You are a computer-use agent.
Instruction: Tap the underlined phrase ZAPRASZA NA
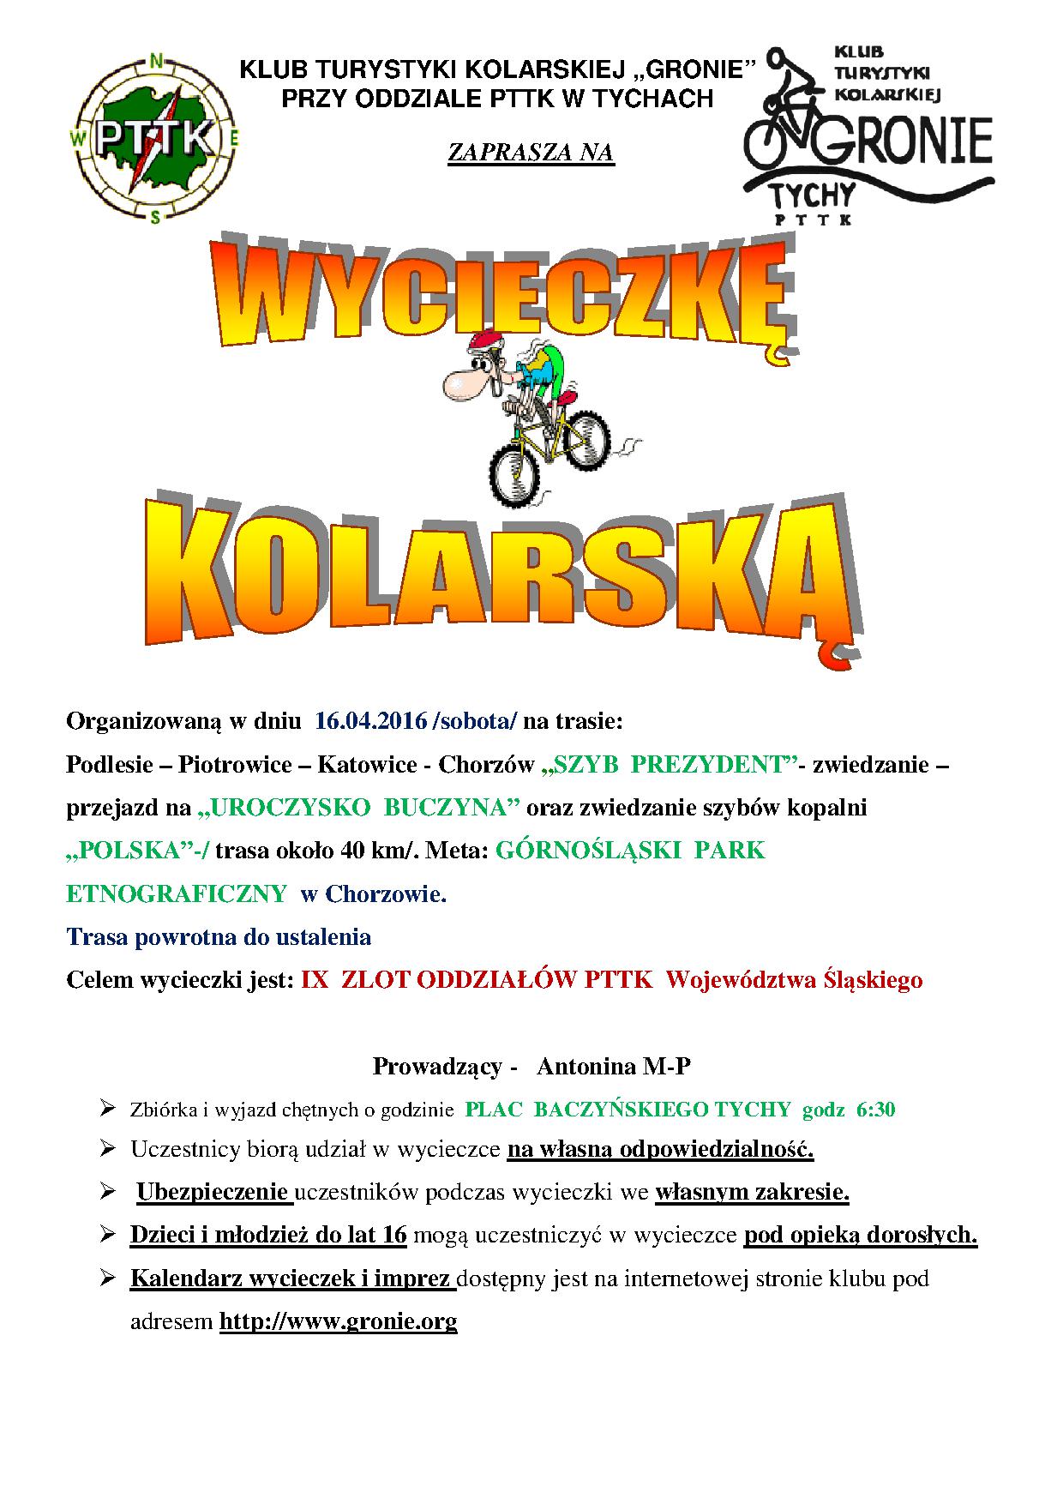point(531,153)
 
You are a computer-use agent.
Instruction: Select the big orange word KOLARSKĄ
point(506,570)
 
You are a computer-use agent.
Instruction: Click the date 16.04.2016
point(370,721)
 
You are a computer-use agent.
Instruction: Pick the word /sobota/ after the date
point(476,721)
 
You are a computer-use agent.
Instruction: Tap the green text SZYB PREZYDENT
point(669,764)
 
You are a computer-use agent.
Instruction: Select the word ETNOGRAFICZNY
point(177,894)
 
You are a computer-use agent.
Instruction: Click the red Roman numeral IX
point(315,980)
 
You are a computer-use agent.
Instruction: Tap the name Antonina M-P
point(613,1067)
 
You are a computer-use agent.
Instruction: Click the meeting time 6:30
point(875,1110)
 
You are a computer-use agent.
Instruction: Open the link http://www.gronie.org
point(338,1321)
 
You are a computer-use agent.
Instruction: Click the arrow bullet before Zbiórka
point(107,1109)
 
